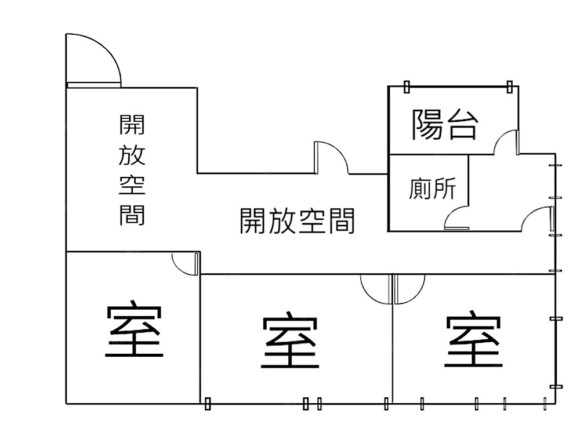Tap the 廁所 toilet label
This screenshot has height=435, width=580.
point(432,188)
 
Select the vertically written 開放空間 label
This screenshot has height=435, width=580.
point(132,169)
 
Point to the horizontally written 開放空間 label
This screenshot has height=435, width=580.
point(297,221)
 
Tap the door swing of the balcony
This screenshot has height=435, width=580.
point(506,143)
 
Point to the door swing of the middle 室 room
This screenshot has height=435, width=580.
point(376,288)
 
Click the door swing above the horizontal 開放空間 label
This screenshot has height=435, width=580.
point(331,158)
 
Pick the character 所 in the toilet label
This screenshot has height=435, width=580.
point(444,188)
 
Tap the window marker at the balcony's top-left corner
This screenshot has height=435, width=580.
point(407,87)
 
